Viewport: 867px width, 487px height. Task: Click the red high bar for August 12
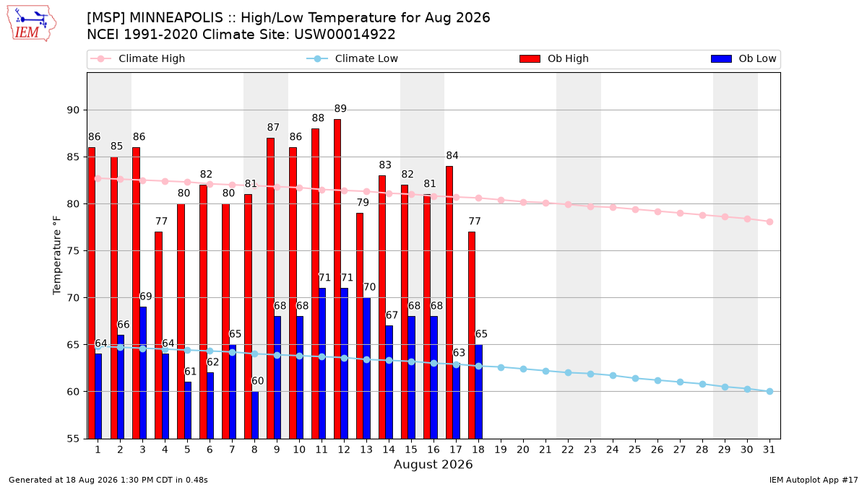click(x=337, y=278)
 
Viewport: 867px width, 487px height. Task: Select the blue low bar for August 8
click(x=254, y=415)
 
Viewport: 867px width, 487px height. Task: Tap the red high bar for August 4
click(x=158, y=335)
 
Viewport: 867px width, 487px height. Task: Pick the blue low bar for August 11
click(x=322, y=364)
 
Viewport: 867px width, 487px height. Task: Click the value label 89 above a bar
click(x=340, y=109)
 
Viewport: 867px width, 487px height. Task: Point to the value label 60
click(x=257, y=381)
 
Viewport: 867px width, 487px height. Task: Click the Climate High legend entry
click(x=137, y=58)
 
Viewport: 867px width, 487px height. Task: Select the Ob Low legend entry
click(x=743, y=58)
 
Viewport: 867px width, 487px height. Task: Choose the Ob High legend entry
click(x=554, y=58)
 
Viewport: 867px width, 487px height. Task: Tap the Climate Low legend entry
click(x=352, y=58)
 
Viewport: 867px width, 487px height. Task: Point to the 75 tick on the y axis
click(x=73, y=251)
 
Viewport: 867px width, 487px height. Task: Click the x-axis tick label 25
click(x=635, y=449)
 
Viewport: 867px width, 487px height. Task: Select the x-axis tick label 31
click(x=769, y=449)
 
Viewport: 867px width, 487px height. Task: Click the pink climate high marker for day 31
click(x=770, y=222)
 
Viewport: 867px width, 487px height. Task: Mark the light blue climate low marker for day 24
click(x=613, y=376)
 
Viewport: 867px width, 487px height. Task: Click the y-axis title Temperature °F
click(x=57, y=255)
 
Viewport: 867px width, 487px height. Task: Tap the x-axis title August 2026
click(x=433, y=464)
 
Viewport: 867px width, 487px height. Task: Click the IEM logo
click(x=31, y=24)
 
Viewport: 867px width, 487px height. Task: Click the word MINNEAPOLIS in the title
click(x=176, y=18)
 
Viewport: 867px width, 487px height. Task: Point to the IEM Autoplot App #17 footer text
click(x=814, y=480)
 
